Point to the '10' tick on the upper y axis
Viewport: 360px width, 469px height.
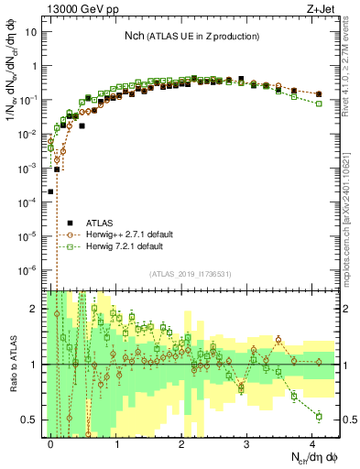[x=31, y=32]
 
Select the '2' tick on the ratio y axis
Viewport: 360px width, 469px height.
[x=35, y=309]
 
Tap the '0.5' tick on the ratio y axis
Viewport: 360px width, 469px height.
[x=31, y=420]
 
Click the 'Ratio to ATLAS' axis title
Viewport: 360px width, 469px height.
[x=11, y=364]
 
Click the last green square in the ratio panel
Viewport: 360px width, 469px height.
[x=319, y=416]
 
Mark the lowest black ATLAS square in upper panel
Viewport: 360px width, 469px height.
[x=51, y=191]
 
